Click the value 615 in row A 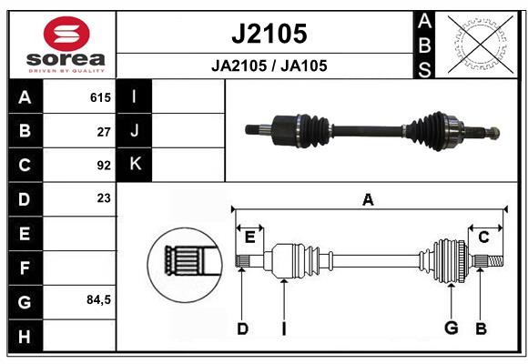[x=99, y=96]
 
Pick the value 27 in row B [x=103, y=131]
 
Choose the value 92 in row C [x=103, y=166]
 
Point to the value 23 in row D [x=103, y=197]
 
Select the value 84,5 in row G [x=97, y=299]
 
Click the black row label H [x=25, y=336]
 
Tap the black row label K [x=136, y=165]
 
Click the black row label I [x=136, y=96]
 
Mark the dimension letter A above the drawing [x=368, y=199]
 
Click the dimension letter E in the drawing [x=249, y=238]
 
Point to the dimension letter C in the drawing [x=483, y=238]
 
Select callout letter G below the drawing [x=451, y=328]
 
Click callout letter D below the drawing [x=242, y=328]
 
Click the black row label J [x=136, y=131]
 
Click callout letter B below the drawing [x=481, y=328]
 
